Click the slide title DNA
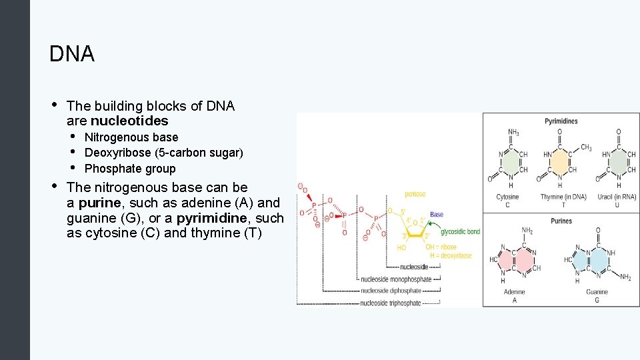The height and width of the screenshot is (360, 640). click(72, 54)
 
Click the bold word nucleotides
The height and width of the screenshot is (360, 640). click(129, 121)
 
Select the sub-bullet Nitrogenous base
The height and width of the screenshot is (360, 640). click(131, 137)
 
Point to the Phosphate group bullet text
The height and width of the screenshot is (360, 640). click(130, 169)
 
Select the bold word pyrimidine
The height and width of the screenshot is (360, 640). click(211, 218)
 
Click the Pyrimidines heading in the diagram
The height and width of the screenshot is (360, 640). click(561, 121)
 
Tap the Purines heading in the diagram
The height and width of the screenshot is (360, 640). click(561, 221)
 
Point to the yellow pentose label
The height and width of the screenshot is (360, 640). click(415, 194)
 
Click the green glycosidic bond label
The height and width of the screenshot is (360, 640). click(460, 231)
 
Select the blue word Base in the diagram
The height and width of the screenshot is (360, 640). click(437, 214)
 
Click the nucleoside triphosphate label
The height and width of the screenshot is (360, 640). click(390, 303)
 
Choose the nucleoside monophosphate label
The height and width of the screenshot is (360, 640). click(395, 279)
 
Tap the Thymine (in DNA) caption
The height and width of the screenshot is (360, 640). click(561, 197)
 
